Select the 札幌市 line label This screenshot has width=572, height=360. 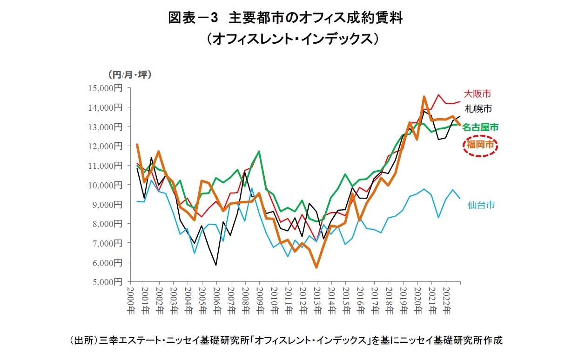tap(478, 109)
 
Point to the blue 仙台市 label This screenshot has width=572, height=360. tap(481, 205)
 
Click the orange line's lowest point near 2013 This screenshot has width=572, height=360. tap(316, 267)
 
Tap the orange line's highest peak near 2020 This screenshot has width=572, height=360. tap(424, 97)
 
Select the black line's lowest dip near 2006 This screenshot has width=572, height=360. tap(216, 265)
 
